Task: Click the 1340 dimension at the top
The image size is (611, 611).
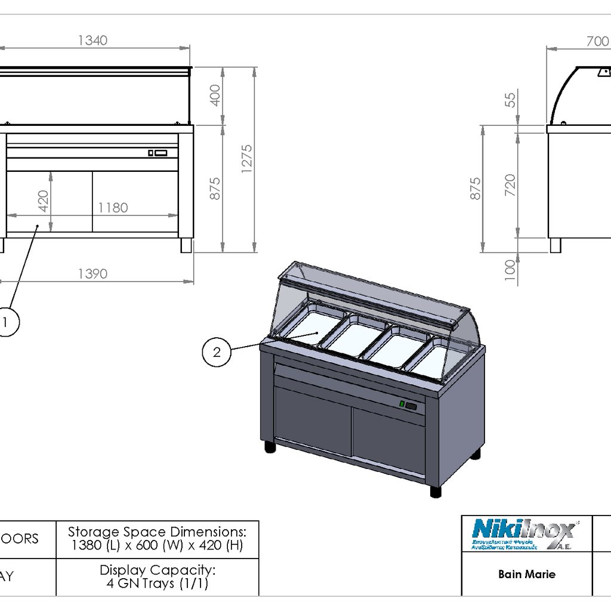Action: (x=92, y=41)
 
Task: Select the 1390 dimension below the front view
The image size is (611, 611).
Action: (x=92, y=274)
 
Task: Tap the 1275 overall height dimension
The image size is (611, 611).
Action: (x=247, y=159)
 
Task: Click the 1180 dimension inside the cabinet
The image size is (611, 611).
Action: (x=113, y=208)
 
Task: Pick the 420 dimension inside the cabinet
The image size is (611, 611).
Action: (x=43, y=201)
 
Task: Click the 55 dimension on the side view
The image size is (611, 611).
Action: (x=510, y=98)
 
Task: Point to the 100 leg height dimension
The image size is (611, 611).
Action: (x=510, y=269)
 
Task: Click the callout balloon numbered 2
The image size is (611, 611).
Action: (x=217, y=352)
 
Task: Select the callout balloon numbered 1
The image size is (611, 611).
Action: (x=6, y=322)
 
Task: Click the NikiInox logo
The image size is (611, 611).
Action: (x=524, y=533)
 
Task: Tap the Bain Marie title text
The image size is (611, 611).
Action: (x=527, y=575)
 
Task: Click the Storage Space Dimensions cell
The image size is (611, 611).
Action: (x=157, y=538)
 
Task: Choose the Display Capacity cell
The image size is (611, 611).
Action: (x=157, y=576)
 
